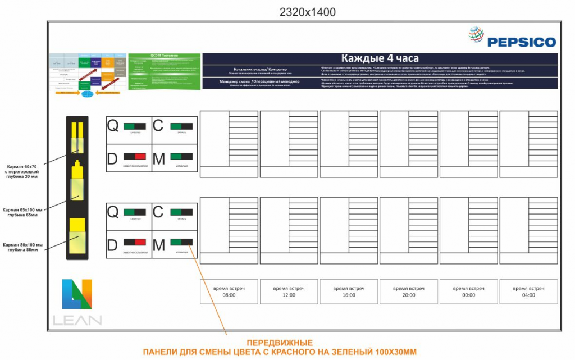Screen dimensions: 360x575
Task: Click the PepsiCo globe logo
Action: (x=477, y=36)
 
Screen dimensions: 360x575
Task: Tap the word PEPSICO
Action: (x=521, y=42)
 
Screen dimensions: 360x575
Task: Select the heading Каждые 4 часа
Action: (x=380, y=58)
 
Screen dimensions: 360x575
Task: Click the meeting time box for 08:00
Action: (x=229, y=291)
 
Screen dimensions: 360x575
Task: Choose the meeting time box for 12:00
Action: (x=289, y=291)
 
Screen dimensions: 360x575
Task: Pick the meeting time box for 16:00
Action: (x=348, y=291)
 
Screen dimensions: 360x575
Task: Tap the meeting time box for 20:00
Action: (x=408, y=291)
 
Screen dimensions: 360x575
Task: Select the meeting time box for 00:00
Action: (x=468, y=291)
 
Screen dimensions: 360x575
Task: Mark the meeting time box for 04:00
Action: (x=528, y=291)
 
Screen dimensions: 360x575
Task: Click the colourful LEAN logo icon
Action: (x=77, y=294)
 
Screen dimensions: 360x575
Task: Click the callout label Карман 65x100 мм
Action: (x=23, y=211)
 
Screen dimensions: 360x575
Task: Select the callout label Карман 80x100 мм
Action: (x=23, y=247)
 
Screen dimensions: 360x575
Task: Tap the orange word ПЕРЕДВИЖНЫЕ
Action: (x=280, y=343)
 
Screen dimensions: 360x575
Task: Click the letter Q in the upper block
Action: (x=113, y=126)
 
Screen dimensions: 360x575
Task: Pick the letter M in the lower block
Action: (x=159, y=245)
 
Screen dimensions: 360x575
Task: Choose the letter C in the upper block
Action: (x=158, y=126)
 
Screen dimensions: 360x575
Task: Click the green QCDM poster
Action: (x=164, y=72)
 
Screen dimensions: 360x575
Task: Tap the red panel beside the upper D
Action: (x=140, y=156)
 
